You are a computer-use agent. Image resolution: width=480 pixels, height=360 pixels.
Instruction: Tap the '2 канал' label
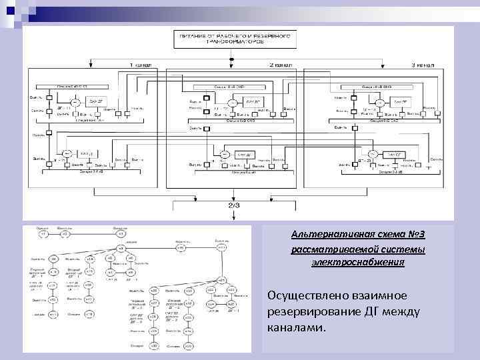[x=280, y=65]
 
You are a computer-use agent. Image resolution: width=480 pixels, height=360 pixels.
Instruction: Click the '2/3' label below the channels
[x=234, y=206]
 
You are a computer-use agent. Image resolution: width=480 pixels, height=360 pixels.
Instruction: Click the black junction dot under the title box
[x=231, y=60]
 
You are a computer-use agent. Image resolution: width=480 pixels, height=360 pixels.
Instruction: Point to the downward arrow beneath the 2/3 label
[x=234, y=215]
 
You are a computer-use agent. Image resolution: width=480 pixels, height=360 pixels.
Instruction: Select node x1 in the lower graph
[x=43, y=235]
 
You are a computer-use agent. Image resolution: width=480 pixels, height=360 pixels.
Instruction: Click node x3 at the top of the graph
[x=121, y=235]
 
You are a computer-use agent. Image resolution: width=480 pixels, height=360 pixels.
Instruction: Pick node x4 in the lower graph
[x=121, y=249]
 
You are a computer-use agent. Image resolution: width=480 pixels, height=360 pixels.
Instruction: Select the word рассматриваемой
[x=330, y=249]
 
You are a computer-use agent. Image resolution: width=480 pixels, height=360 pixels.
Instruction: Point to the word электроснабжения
[x=358, y=263]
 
